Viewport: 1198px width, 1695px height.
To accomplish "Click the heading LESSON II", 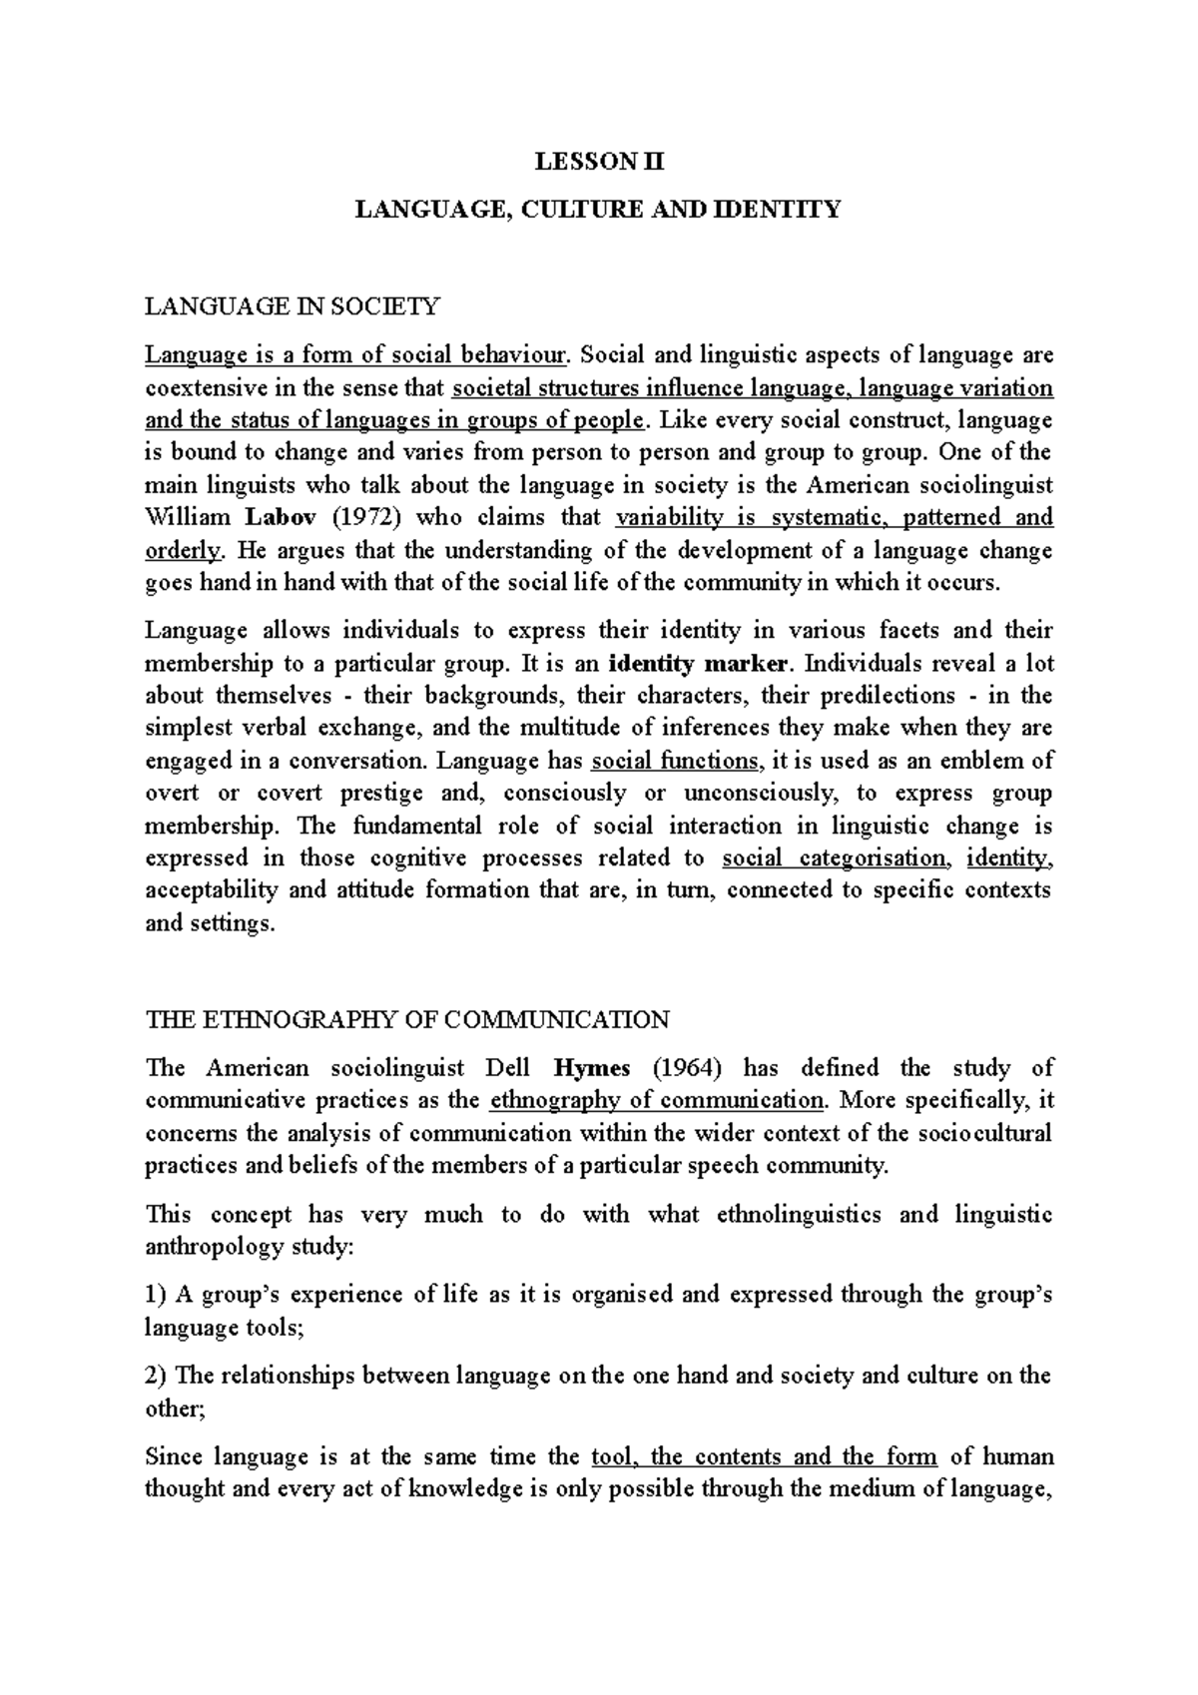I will click(599, 161).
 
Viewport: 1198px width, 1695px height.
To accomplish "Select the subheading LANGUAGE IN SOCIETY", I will click(292, 306).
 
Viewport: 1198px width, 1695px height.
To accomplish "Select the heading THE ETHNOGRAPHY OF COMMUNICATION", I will click(407, 1019).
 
